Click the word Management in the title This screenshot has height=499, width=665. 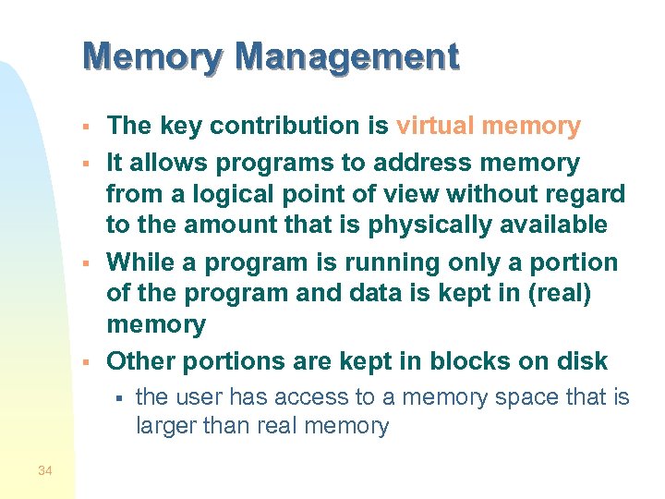[x=346, y=57]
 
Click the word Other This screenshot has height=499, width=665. [x=143, y=361]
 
